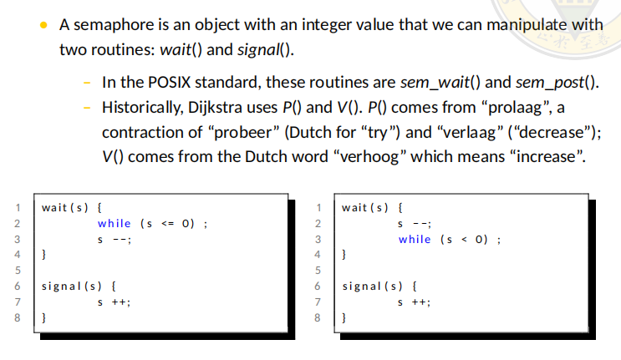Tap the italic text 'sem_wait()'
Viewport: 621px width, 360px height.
click(447, 84)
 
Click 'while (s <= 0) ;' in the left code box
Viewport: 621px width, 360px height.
click(152, 223)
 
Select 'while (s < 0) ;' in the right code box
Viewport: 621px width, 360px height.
click(450, 239)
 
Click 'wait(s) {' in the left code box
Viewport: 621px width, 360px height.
click(72, 207)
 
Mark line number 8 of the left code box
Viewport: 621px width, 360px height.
click(17, 318)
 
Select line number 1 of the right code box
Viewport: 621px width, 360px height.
click(318, 207)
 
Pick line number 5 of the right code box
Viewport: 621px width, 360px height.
click(318, 271)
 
